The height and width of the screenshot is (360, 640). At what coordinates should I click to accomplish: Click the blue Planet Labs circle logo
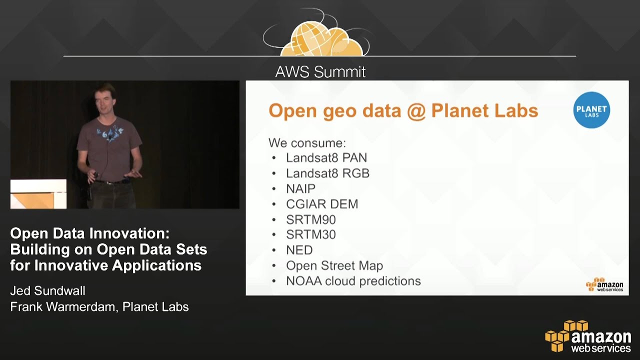tap(591, 110)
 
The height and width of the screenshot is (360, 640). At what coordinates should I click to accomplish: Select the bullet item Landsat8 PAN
tap(326, 158)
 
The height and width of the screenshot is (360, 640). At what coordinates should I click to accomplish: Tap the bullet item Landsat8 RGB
tap(327, 173)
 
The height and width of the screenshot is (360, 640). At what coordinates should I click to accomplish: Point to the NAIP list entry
tap(300, 189)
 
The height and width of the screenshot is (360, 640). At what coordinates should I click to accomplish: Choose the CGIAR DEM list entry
tap(321, 204)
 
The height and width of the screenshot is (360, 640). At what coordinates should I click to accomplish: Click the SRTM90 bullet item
tap(310, 219)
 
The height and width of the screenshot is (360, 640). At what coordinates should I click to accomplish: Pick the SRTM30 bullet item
tap(310, 234)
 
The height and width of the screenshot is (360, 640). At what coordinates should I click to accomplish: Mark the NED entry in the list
tap(299, 250)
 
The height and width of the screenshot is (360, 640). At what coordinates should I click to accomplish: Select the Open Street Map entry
tap(334, 265)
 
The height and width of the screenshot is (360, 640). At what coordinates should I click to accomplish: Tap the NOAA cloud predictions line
tap(353, 281)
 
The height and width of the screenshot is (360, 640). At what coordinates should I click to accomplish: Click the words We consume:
tap(307, 143)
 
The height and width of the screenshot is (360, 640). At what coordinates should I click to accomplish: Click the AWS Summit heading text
tap(320, 72)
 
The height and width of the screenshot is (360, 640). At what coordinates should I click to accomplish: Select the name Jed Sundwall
tap(48, 290)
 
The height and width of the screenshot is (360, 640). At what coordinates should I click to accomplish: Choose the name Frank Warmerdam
tap(62, 307)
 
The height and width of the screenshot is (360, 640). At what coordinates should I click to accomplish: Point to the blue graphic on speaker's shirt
tap(110, 132)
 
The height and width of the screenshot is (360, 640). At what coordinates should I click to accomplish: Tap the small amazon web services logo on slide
tap(604, 284)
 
